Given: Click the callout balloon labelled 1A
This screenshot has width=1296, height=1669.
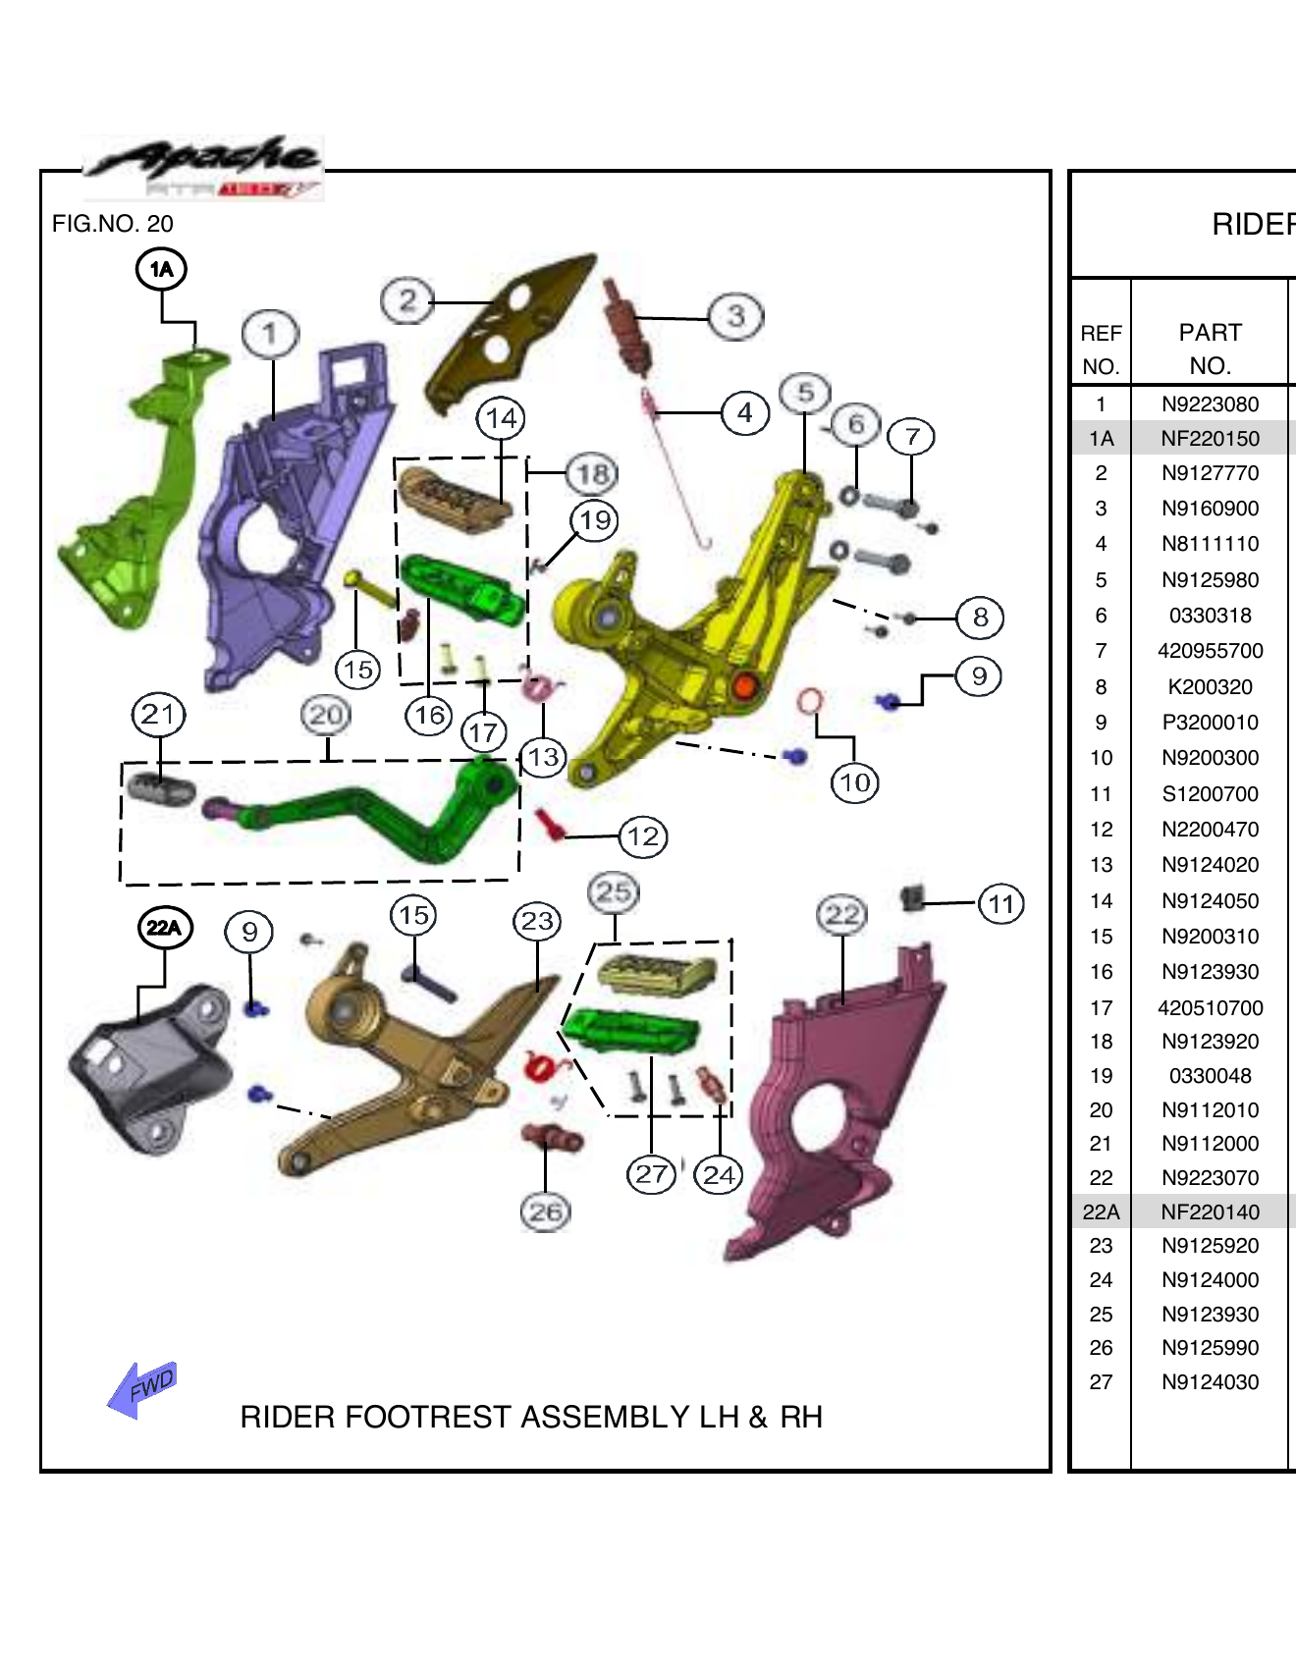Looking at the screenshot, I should click(x=161, y=269).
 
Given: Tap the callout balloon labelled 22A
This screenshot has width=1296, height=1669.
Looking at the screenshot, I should click(x=164, y=928).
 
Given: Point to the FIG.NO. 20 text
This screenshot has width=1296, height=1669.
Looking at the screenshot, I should click(x=112, y=224).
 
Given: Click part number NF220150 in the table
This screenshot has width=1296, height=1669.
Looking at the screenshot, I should click(x=1210, y=439).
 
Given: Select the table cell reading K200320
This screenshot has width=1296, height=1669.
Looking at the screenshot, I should click(x=1210, y=687).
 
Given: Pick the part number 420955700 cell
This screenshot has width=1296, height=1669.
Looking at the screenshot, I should click(x=1210, y=651).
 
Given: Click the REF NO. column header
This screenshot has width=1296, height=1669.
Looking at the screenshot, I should click(x=1101, y=350).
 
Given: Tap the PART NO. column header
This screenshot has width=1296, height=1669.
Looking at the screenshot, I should click(x=1210, y=350).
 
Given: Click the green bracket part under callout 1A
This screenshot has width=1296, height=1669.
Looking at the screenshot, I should click(x=137, y=491).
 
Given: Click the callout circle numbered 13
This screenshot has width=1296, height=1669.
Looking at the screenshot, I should click(x=543, y=758).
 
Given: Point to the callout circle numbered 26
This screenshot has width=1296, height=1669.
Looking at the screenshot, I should click(x=546, y=1211).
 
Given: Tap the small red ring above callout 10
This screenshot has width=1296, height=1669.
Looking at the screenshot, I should click(x=810, y=701).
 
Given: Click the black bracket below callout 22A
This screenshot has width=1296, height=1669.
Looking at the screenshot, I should click(x=152, y=1070).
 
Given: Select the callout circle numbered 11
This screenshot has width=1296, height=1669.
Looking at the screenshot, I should click(x=1000, y=903).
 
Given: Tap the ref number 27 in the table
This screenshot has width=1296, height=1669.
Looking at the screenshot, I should click(x=1101, y=1382).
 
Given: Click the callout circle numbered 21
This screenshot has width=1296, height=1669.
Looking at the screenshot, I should click(x=158, y=715).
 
